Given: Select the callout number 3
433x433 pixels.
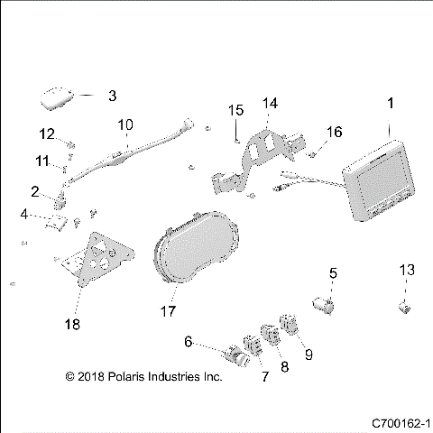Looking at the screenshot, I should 112,95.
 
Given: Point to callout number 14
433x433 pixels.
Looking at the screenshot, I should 271,104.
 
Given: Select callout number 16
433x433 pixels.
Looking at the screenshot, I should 334,132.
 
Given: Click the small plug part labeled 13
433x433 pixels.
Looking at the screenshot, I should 405,309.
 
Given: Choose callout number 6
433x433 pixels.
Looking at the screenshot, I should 188,342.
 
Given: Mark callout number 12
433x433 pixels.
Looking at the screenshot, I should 48,134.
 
